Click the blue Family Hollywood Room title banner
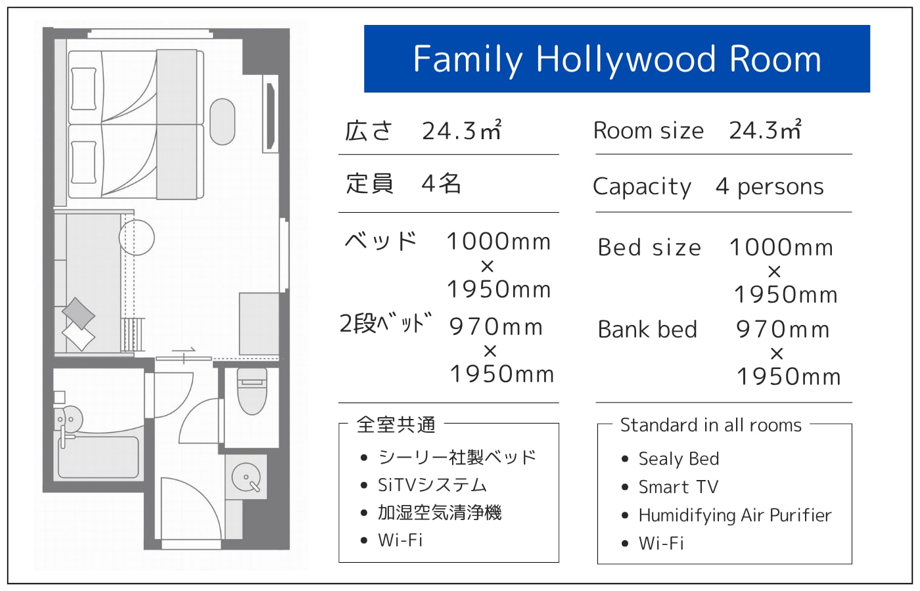click(x=617, y=58)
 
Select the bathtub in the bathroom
click(x=98, y=457)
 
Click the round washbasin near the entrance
click(x=246, y=477)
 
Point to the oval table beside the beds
click(x=222, y=121)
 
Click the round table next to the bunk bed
click(x=137, y=237)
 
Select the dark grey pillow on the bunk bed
click(x=78, y=314)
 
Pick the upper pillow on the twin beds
click(x=84, y=89)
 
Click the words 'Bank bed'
click(x=647, y=329)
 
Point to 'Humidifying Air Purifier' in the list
click(x=735, y=515)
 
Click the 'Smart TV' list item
click(x=678, y=487)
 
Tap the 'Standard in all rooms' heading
click(x=710, y=425)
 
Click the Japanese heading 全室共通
click(x=396, y=425)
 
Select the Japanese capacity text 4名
click(x=441, y=183)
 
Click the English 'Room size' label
click(x=649, y=131)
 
